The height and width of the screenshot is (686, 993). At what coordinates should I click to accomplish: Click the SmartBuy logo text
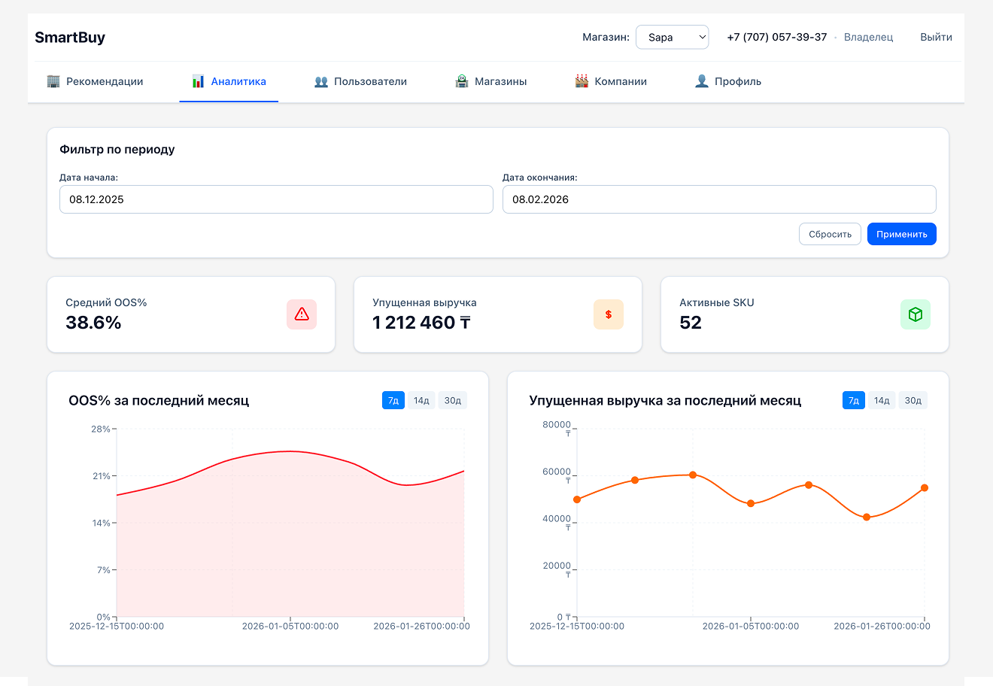pyautogui.click(x=70, y=38)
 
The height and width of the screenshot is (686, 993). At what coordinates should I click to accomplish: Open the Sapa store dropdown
pyautogui.click(x=672, y=38)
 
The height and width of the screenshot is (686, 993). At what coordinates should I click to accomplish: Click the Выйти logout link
pyautogui.click(x=936, y=37)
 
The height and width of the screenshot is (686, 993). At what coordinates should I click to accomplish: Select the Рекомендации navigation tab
pyautogui.click(x=95, y=81)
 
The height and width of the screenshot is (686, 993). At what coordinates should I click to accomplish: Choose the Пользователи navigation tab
pyautogui.click(x=360, y=81)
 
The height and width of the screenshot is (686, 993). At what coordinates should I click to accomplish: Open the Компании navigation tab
pyautogui.click(x=611, y=81)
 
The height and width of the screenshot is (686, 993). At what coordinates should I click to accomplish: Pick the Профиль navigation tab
pyautogui.click(x=727, y=81)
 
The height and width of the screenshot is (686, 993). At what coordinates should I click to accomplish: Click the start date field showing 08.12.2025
pyautogui.click(x=276, y=199)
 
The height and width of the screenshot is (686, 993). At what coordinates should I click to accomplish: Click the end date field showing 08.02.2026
pyautogui.click(x=718, y=199)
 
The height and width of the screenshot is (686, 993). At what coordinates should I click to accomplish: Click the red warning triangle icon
pyautogui.click(x=302, y=314)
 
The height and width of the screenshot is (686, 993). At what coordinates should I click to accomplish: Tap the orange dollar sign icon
pyautogui.click(x=609, y=314)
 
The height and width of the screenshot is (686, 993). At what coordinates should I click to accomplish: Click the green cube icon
pyautogui.click(x=916, y=314)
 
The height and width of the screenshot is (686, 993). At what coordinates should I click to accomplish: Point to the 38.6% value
pyautogui.click(x=93, y=323)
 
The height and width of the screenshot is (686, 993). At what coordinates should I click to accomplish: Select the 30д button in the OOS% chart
pyautogui.click(x=453, y=400)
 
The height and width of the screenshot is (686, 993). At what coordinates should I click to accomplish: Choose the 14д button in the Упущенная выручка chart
pyautogui.click(x=882, y=400)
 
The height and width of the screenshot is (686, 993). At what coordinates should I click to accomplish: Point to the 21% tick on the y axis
pyautogui.click(x=102, y=476)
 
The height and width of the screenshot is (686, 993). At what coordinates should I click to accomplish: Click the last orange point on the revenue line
pyautogui.click(x=925, y=488)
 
